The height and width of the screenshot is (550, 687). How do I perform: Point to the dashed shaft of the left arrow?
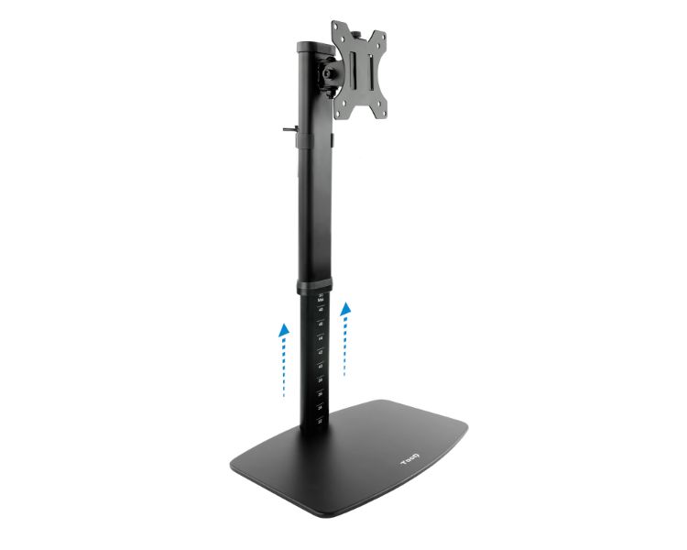285,367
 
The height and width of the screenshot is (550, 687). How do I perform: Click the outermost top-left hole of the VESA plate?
336,28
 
